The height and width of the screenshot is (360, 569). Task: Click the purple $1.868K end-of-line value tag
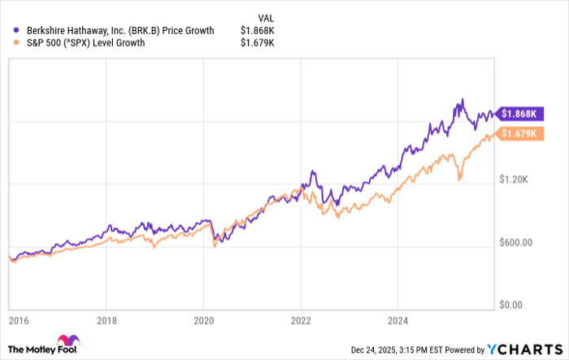tap(520, 115)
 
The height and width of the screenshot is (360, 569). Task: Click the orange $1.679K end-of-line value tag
tap(520, 133)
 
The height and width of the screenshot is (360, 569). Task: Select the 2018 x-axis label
tap(106, 319)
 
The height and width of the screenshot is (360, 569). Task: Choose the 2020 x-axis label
tap(203, 319)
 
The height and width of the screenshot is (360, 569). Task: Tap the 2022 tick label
tap(301, 319)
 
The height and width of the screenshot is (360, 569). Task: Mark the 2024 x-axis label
tap(398, 319)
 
